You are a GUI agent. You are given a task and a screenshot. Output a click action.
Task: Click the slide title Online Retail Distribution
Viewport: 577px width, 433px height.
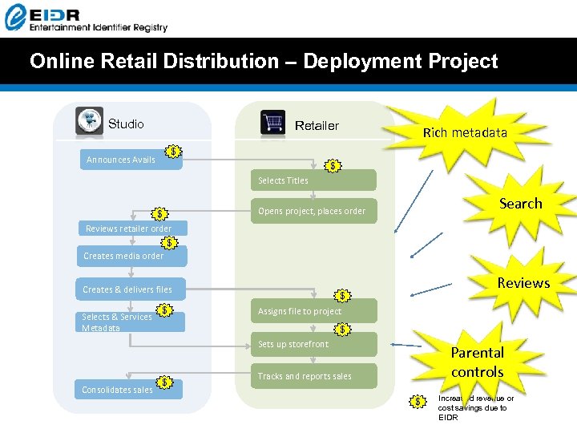coord(264,61)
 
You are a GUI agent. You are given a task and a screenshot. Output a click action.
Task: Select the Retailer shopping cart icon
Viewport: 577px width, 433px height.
coord(273,123)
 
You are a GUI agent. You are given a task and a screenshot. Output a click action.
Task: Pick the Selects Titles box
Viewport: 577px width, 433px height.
coord(315,180)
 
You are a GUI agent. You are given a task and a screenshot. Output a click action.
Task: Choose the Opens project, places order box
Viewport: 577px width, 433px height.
coord(315,212)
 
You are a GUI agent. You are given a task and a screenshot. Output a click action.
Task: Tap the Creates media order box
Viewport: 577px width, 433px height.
coord(132,256)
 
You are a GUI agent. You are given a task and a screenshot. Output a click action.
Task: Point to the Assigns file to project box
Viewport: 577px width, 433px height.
coord(315,311)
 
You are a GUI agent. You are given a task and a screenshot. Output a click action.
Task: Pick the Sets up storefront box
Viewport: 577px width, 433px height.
coord(315,345)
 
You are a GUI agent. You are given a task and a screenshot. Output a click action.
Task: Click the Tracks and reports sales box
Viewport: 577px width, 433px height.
coord(315,376)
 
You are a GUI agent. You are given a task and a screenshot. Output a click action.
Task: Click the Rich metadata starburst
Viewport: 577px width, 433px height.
coord(466,132)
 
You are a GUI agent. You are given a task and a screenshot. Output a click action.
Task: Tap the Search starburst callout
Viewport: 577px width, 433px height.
coord(520,204)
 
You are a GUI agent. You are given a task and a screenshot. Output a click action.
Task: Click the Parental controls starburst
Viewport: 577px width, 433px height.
coord(477,362)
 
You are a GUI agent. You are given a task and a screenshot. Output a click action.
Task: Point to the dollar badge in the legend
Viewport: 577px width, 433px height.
coord(417,401)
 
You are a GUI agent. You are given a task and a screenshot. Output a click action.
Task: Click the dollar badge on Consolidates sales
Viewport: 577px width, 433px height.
coord(164,382)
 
